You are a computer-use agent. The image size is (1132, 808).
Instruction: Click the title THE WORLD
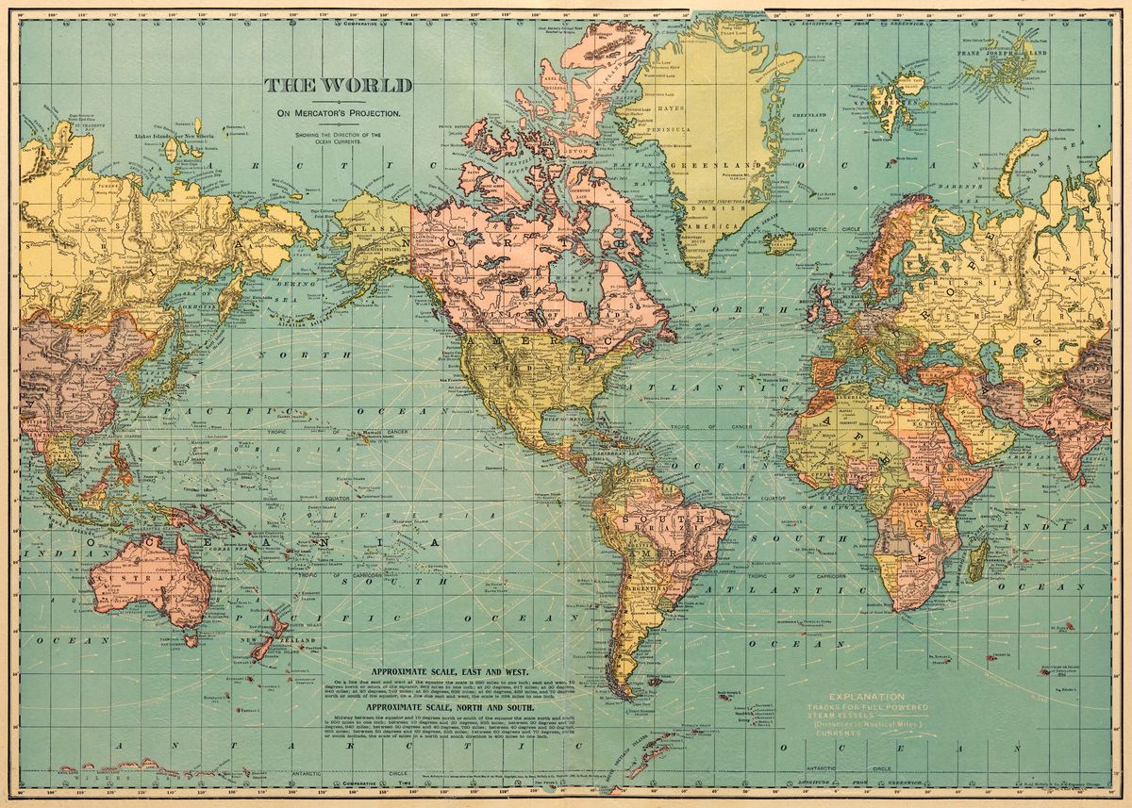[338, 86]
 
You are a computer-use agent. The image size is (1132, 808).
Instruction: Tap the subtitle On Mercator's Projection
[338, 113]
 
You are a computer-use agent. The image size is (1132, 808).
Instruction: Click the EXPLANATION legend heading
[853, 696]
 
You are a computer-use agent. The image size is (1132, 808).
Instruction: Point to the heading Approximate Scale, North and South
[440, 706]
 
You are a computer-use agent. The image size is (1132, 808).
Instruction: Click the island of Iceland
[780, 244]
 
